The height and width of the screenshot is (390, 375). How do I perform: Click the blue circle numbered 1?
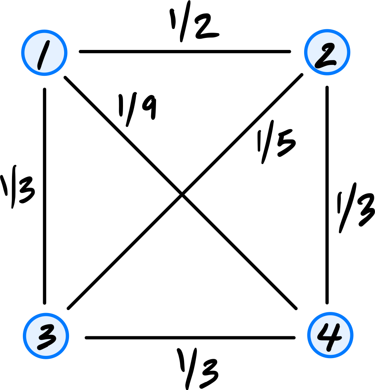(44, 53)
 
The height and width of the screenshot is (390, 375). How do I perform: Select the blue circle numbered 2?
(327, 52)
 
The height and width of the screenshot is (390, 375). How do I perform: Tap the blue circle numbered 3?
(46, 336)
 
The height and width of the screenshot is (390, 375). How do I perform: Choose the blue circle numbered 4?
(330, 335)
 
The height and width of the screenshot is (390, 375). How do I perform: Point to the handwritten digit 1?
(43, 55)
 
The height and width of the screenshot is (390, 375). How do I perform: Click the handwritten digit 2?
(325, 56)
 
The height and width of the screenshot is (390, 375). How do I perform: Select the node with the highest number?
(330, 335)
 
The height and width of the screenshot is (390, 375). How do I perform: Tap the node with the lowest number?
(44, 53)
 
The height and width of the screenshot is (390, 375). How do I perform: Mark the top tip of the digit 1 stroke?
(47, 42)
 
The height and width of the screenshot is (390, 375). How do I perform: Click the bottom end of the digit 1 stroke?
(39, 68)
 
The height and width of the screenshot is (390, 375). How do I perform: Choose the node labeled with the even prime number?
(327, 52)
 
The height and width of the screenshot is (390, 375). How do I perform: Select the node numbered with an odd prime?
(46, 336)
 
